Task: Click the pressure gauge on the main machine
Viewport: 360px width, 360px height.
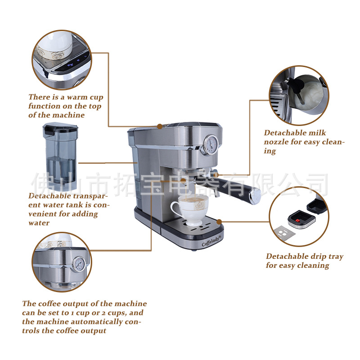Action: pos(211,144)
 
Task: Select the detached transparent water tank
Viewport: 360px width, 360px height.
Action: pos(60,157)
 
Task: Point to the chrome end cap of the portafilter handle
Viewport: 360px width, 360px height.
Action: pos(255,196)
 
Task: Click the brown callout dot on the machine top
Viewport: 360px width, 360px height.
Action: pos(160,126)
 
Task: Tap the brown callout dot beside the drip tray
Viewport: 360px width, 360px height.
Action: pos(219,222)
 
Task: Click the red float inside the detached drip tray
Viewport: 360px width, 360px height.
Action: pos(297,220)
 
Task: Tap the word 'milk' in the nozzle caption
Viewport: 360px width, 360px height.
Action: pos(317,133)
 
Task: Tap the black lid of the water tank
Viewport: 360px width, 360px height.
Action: pos(60,128)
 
